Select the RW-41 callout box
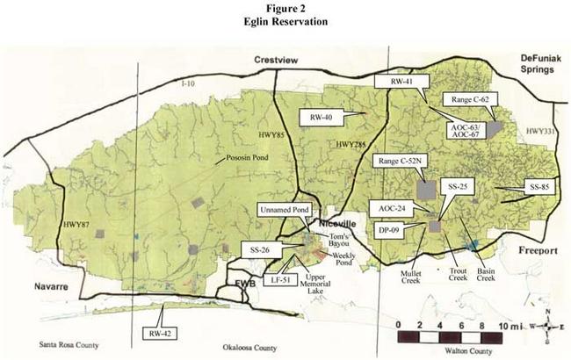click(408, 81)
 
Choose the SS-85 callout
click(538, 187)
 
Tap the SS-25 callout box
click(457, 188)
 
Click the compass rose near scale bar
click(546, 326)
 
